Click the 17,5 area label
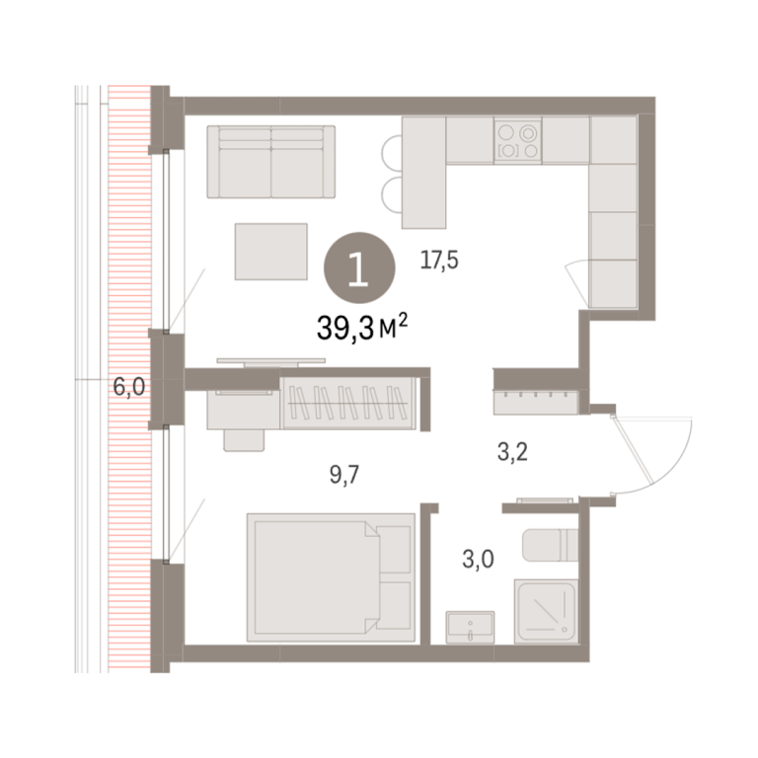click(439, 261)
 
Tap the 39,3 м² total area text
click(362, 328)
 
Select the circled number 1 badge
click(359, 267)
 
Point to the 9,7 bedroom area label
click(344, 475)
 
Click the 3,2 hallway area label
click(512, 452)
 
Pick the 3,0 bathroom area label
click(478, 560)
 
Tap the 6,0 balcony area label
click(128, 387)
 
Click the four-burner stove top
click(518, 141)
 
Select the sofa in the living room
click(271, 162)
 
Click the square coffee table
click(271, 252)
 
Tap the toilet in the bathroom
click(550, 545)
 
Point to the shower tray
click(546, 612)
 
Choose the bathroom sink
click(470, 627)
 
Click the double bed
click(332, 577)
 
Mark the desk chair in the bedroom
click(244, 440)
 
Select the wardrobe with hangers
click(348, 403)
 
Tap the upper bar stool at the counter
click(391, 150)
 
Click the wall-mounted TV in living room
click(271, 361)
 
